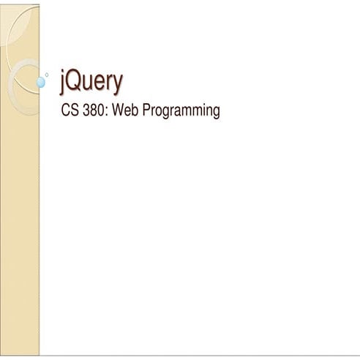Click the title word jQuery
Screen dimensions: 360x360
pyautogui.click(x=91, y=83)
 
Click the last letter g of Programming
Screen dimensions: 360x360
pyautogui.click(x=216, y=114)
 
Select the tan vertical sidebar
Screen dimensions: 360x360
pyautogui.click(x=20, y=220)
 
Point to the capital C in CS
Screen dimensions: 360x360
pyautogui.click(x=65, y=111)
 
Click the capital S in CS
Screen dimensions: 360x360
pyautogui.click(x=73, y=111)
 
